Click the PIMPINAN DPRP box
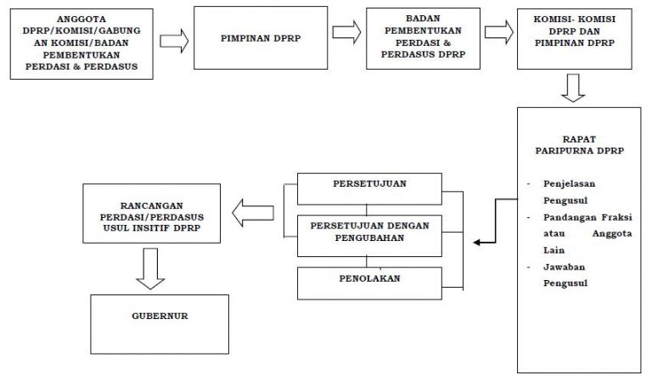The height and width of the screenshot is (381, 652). click(x=261, y=38)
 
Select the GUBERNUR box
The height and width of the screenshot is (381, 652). click(x=160, y=324)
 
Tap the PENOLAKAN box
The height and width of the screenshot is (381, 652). click(x=369, y=283)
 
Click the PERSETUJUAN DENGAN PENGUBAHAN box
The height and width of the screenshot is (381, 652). click(x=369, y=236)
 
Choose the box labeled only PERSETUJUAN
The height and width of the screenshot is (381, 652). click(x=369, y=189)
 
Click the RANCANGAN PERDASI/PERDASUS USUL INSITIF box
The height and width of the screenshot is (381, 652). click(x=152, y=214)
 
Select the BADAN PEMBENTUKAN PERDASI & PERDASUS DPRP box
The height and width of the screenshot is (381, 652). click(x=424, y=38)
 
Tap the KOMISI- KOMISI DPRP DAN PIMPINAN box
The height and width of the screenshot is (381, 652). click(x=575, y=39)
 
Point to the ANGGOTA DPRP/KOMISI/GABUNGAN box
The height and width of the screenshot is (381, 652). click(x=81, y=44)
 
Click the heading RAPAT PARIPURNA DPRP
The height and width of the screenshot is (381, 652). click(x=579, y=145)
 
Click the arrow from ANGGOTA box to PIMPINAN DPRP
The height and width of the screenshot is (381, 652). click(x=174, y=41)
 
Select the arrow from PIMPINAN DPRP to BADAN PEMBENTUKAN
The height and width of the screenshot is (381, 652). click(x=346, y=32)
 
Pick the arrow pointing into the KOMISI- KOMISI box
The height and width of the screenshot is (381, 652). click(x=499, y=32)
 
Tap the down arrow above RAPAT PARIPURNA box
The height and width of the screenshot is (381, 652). click(x=573, y=88)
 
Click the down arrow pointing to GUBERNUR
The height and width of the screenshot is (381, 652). click(x=150, y=269)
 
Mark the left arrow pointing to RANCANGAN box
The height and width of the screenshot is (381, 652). click(x=253, y=213)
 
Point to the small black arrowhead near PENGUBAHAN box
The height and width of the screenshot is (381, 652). click(x=477, y=242)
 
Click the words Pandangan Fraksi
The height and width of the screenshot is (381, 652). click(x=587, y=217)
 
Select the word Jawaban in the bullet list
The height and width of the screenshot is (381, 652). click(x=564, y=266)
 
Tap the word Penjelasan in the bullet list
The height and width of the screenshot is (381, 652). click(x=570, y=184)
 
